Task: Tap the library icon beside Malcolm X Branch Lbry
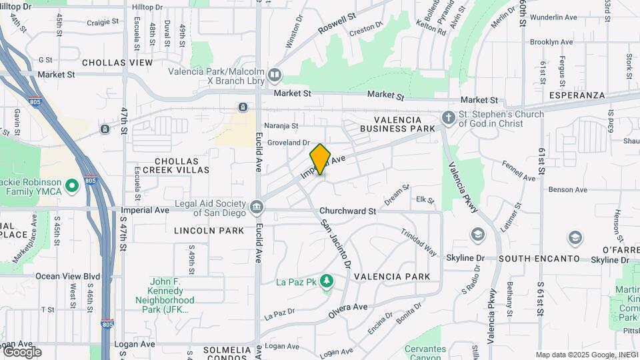[x=275, y=74]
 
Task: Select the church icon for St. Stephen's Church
[x=449, y=119]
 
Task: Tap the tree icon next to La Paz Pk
[x=326, y=281]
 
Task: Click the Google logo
[x=22, y=351]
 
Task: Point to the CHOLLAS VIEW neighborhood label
[x=117, y=63]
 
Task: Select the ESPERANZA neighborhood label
[x=577, y=95]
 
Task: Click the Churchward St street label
[x=347, y=211]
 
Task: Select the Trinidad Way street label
[x=419, y=243]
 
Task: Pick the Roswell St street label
[x=337, y=21]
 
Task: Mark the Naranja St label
[x=281, y=125]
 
